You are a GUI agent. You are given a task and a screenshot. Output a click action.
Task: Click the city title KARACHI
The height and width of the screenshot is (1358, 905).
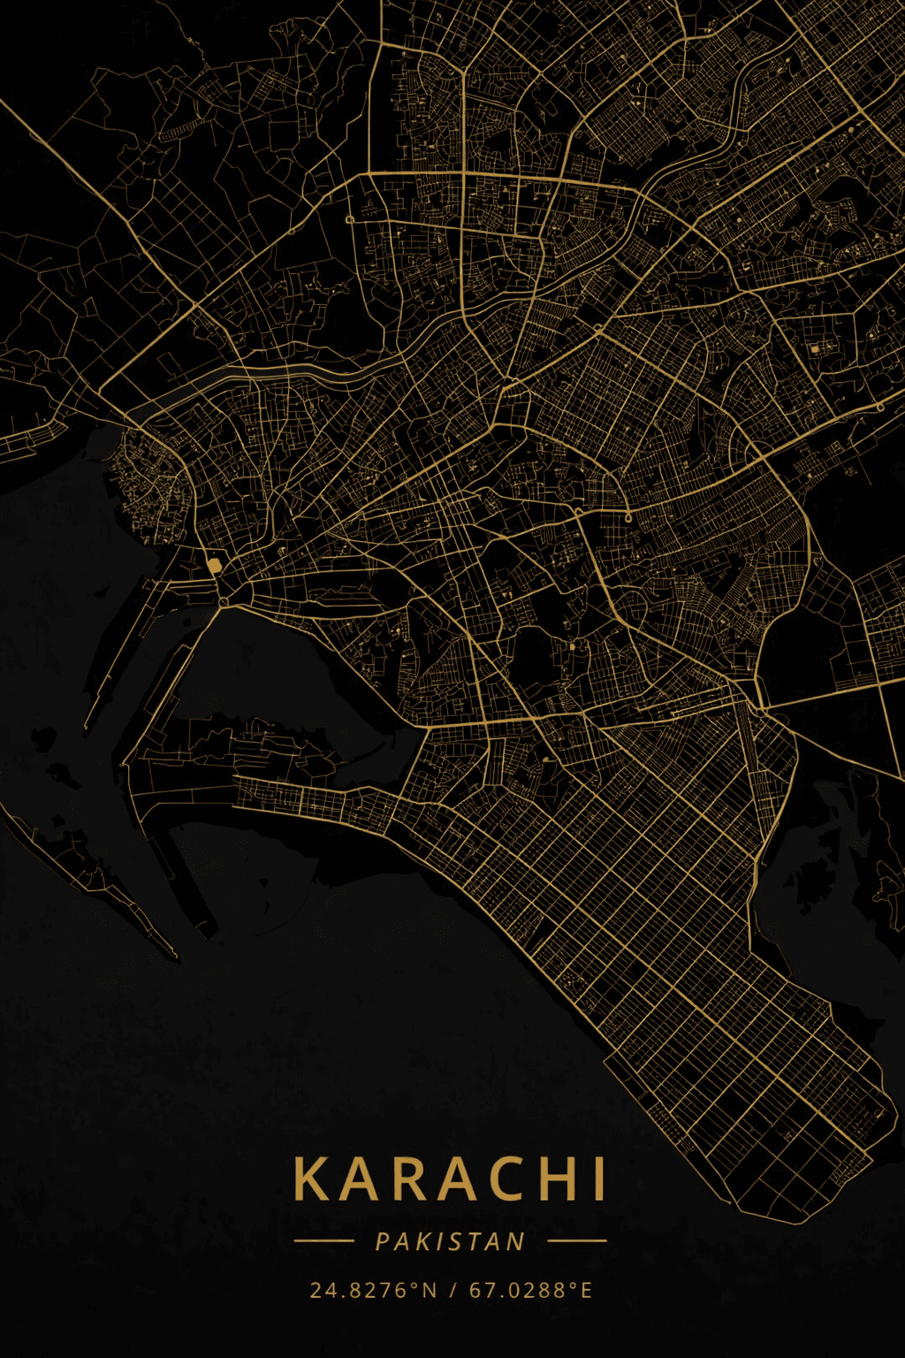pos(450,1179)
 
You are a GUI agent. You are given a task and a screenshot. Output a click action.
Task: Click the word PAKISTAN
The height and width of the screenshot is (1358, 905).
pos(450,1242)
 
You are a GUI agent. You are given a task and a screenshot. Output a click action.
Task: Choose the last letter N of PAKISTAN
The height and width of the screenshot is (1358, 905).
pos(517,1242)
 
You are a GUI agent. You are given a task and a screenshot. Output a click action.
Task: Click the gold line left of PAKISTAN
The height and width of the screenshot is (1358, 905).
pos(323,1240)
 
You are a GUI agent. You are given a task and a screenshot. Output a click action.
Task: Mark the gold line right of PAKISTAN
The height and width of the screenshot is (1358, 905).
pos(577,1240)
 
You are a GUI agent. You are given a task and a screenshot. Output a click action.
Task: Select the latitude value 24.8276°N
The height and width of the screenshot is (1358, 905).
pos(373,1290)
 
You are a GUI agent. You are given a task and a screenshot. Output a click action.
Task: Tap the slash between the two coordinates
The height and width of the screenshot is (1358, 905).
pos(452,1290)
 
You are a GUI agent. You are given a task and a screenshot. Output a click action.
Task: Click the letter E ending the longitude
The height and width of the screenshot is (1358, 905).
pos(586,1290)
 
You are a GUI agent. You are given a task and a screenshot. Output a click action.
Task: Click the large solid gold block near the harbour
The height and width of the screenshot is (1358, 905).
pos(214,565)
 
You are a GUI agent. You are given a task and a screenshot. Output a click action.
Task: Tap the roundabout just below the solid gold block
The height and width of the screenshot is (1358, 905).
pos(224,602)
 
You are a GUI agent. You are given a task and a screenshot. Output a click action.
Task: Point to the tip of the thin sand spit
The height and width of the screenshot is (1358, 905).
pos(175,956)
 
